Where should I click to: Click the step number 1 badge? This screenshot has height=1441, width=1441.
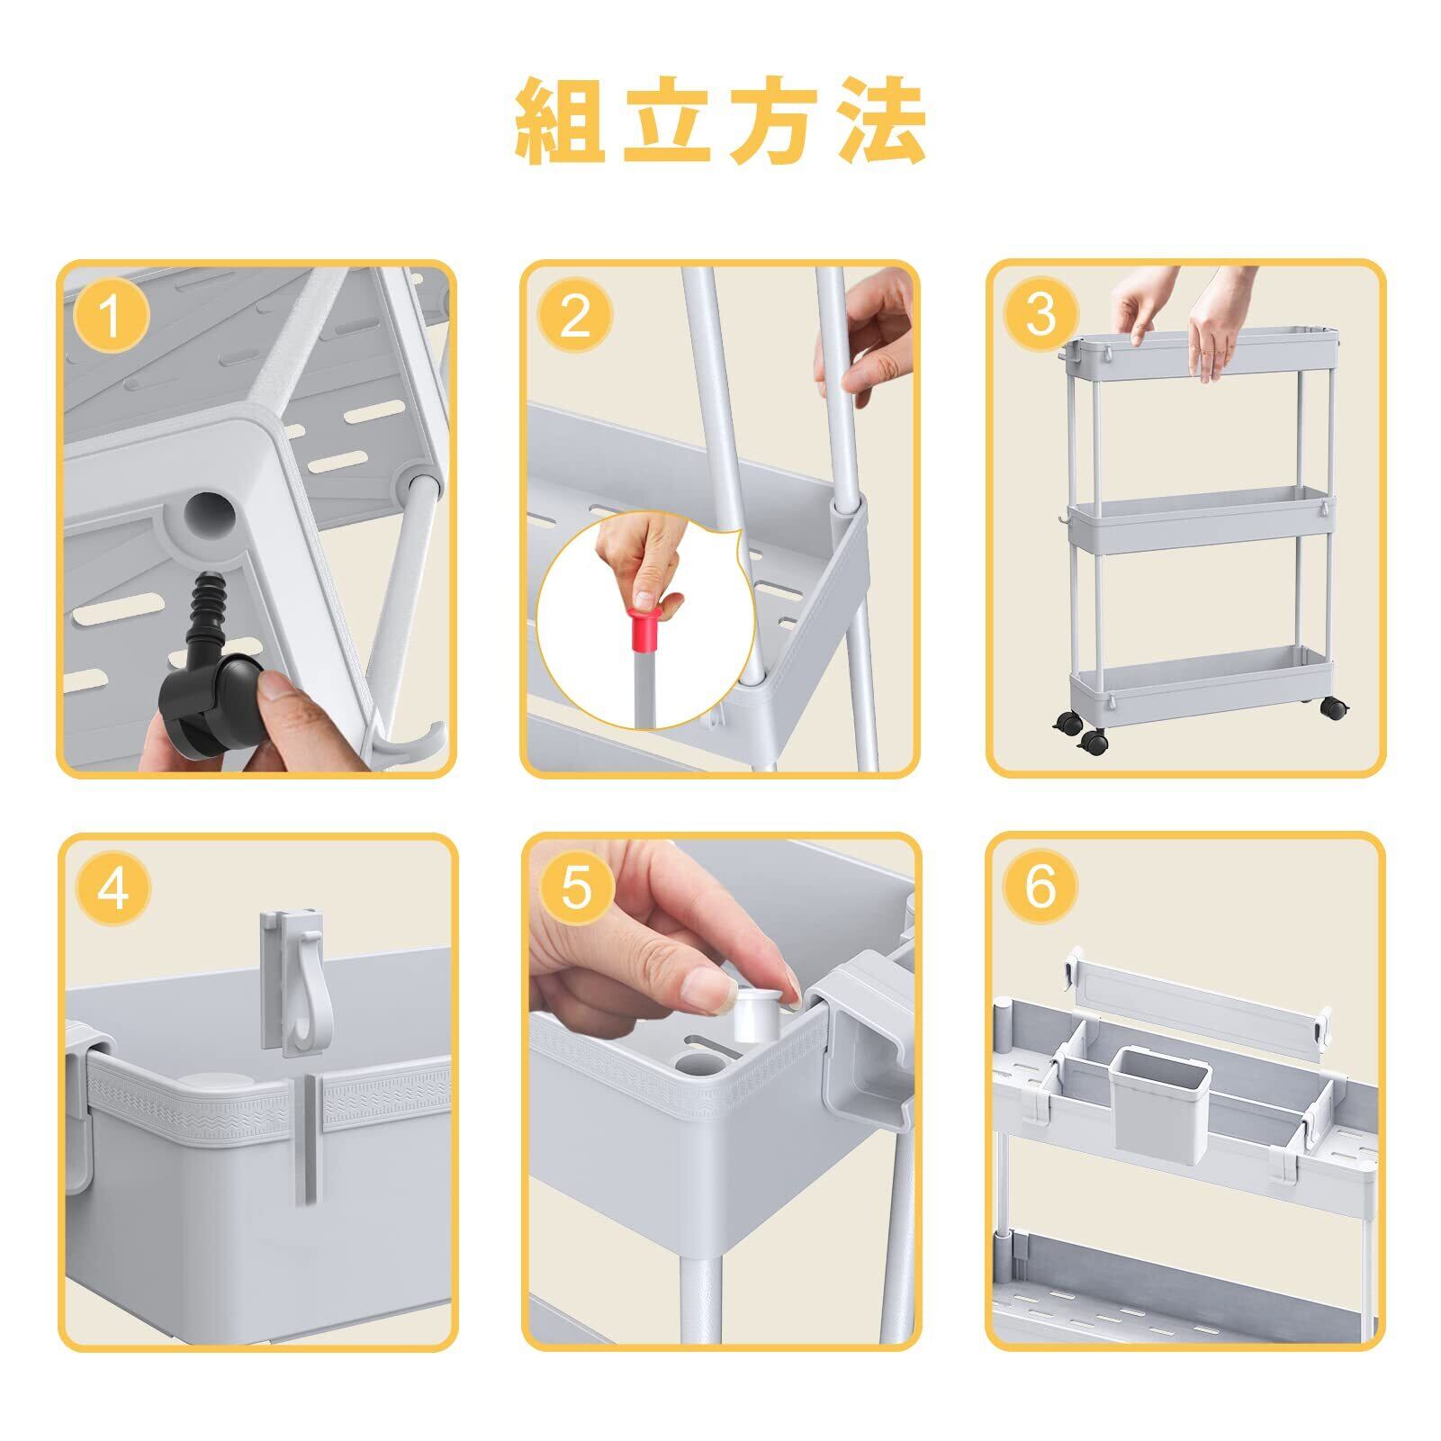112,315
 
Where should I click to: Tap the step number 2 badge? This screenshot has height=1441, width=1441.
575,315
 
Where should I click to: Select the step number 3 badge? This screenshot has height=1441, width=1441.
1040,314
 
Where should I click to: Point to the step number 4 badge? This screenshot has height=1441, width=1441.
112,887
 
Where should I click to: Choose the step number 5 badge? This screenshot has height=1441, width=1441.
575,887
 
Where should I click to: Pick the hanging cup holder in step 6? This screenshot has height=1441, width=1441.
1152,1098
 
